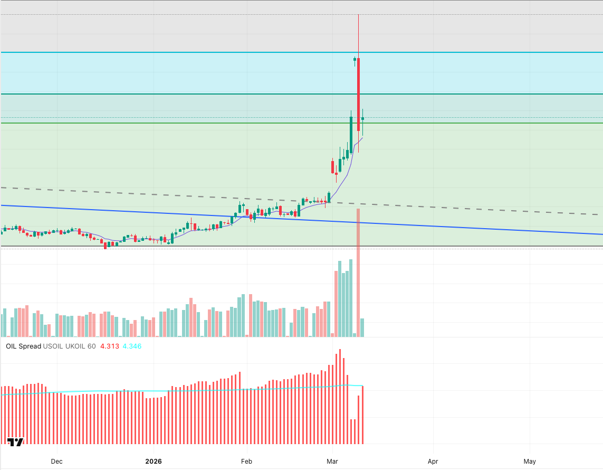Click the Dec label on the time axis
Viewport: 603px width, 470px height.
pyautogui.click(x=56, y=461)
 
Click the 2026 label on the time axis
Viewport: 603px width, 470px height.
pyautogui.click(x=153, y=461)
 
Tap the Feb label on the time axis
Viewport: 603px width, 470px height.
pyautogui.click(x=246, y=461)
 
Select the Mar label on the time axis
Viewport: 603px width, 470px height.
pyautogui.click(x=332, y=461)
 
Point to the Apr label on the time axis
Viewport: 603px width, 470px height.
pyautogui.click(x=433, y=461)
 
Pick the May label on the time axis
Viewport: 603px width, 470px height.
pyautogui.click(x=530, y=461)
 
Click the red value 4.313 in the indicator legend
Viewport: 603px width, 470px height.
pyautogui.click(x=109, y=346)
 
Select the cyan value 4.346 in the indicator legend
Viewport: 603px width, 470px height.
pyautogui.click(x=132, y=346)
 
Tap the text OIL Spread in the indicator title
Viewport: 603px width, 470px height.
pyautogui.click(x=23, y=346)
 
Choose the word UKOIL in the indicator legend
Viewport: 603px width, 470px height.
pyautogui.click(x=75, y=346)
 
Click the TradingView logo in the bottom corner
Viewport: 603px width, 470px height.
pyautogui.click(x=16, y=442)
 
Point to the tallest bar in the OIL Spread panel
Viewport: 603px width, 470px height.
pyautogui.click(x=340, y=396)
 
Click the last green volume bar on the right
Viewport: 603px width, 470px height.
pyautogui.click(x=362, y=327)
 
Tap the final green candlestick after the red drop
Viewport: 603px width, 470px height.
pyautogui.click(x=362, y=118)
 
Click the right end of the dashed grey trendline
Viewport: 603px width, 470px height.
pyautogui.click(x=597, y=214)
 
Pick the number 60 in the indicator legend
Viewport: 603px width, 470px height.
pyautogui.click(x=92, y=346)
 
